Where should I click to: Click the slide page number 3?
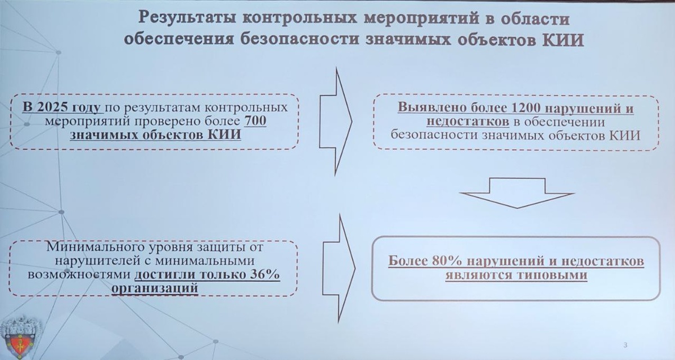(625, 344)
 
